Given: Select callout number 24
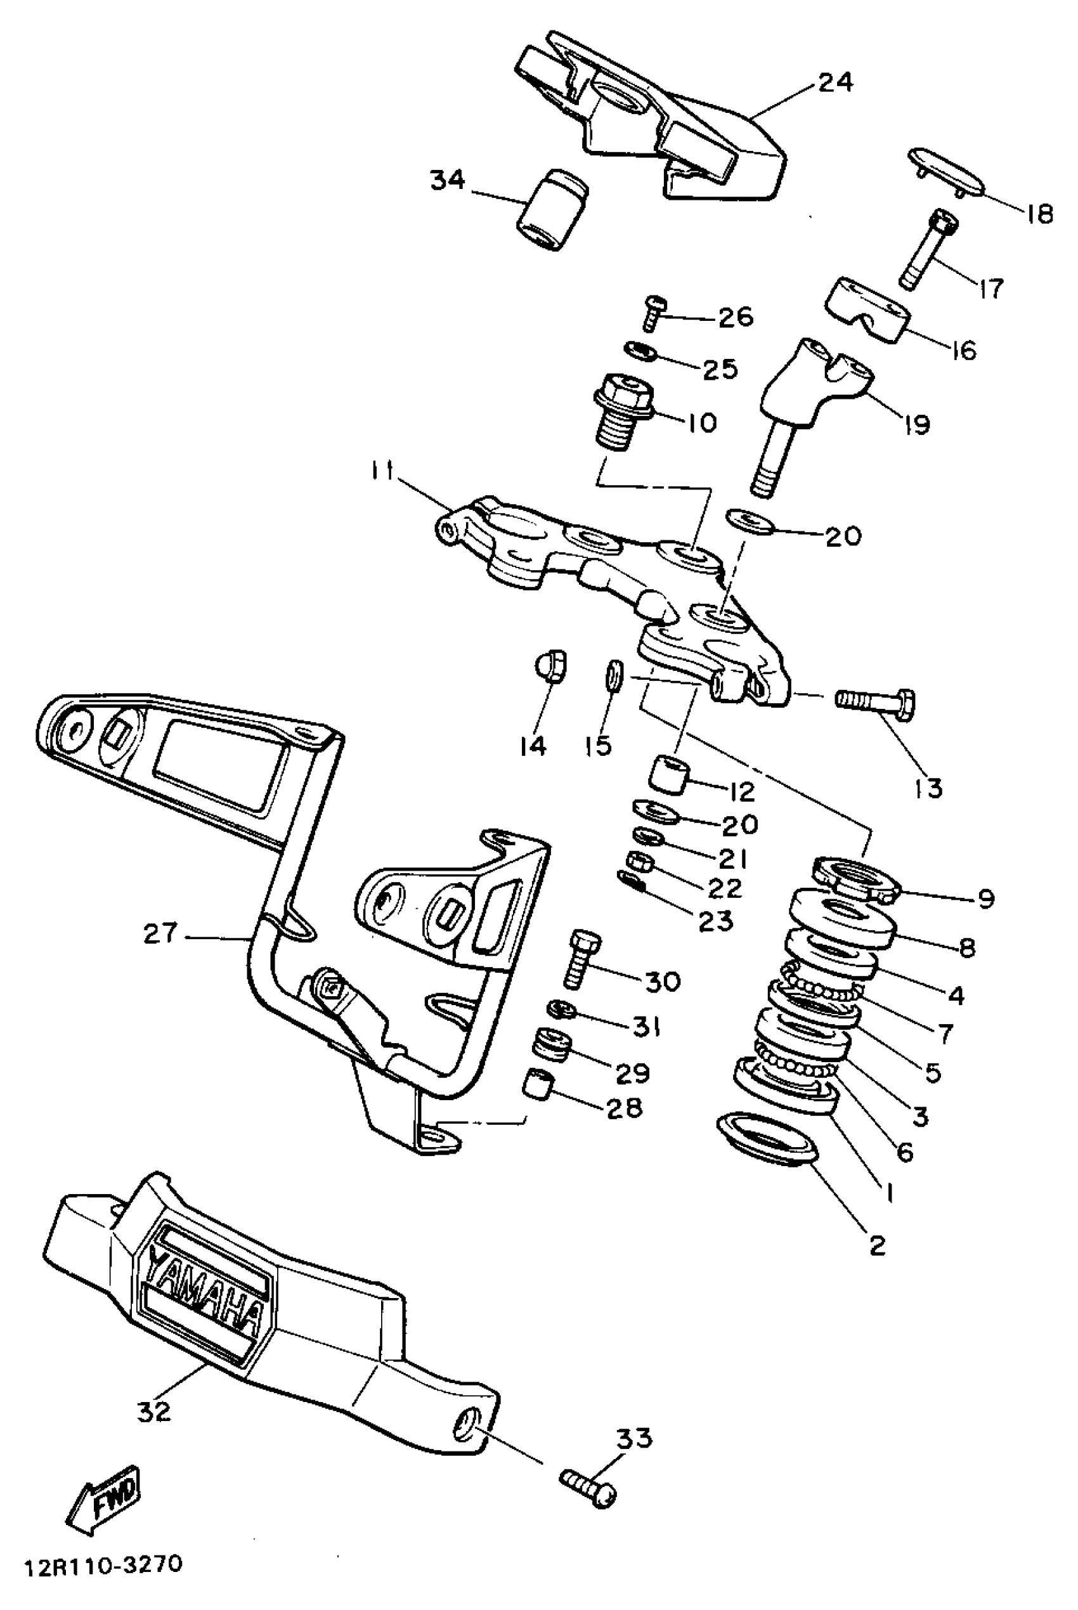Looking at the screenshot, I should pyautogui.click(x=834, y=82).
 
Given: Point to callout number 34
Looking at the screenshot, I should pyautogui.click(x=448, y=181).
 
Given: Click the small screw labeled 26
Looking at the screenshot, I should pyautogui.click(x=654, y=311).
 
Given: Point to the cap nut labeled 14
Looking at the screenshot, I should pyautogui.click(x=550, y=665).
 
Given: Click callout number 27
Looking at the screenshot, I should pyautogui.click(x=160, y=933).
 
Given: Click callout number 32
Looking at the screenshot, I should pyautogui.click(x=153, y=1412).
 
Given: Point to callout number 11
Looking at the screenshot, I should pyautogui.click(x=382, y=473).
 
